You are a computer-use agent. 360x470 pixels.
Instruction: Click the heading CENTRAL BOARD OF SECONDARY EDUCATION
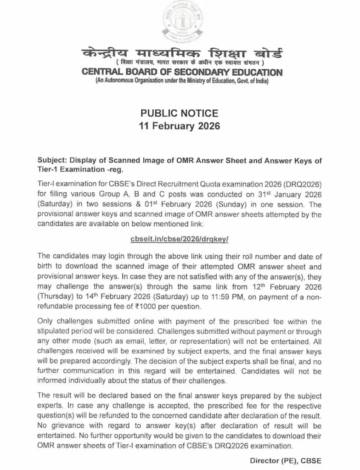click(182, 73)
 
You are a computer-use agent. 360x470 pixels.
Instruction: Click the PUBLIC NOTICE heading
click(180, 113)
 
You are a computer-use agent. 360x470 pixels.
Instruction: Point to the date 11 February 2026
click(180, 126)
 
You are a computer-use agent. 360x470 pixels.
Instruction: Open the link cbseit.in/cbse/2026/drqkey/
click(180, 239)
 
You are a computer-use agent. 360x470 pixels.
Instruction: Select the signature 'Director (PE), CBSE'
click(286, 460)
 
